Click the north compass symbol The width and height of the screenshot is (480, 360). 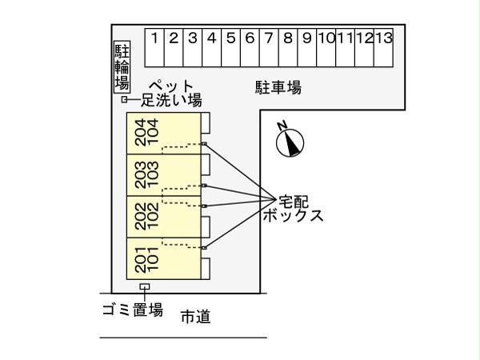point(290,141)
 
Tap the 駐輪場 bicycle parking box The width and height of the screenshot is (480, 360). point(122,66)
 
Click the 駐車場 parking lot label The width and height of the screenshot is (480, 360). point(278,87)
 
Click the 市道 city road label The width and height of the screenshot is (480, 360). point(195,317)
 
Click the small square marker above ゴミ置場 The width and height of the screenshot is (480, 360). point(145,286)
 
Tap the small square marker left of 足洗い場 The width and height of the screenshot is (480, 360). point(125,100)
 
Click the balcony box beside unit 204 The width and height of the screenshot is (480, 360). point(206,122)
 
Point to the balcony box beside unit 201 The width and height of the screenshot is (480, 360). point(206,266)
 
